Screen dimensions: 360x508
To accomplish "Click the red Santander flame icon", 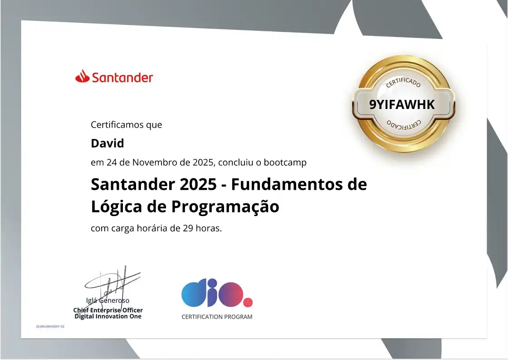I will tap(82, 76).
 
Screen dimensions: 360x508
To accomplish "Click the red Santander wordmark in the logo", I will tap(122, 78).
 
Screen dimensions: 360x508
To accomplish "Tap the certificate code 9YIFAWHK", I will tap(402, 105).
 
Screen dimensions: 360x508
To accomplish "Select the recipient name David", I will tap(107, 143).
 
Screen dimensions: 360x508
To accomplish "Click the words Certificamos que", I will tap(126, 124).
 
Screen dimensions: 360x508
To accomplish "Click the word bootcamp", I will tap(285, 162).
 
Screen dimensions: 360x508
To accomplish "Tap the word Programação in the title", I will tap(225, 207).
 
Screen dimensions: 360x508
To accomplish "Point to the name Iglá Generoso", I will tap(108, 300).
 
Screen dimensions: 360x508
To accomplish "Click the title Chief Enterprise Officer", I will tap(108, 310).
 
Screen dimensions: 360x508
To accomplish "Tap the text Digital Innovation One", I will tap(108, 316).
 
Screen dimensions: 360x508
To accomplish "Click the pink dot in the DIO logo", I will tap(248, 302).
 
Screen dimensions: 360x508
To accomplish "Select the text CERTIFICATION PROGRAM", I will tap(217, 317).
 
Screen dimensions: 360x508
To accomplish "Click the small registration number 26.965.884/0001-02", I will tap(50, 326).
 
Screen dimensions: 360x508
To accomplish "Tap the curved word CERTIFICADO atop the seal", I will tap(403, 82).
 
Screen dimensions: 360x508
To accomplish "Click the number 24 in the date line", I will tap(111, 162).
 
